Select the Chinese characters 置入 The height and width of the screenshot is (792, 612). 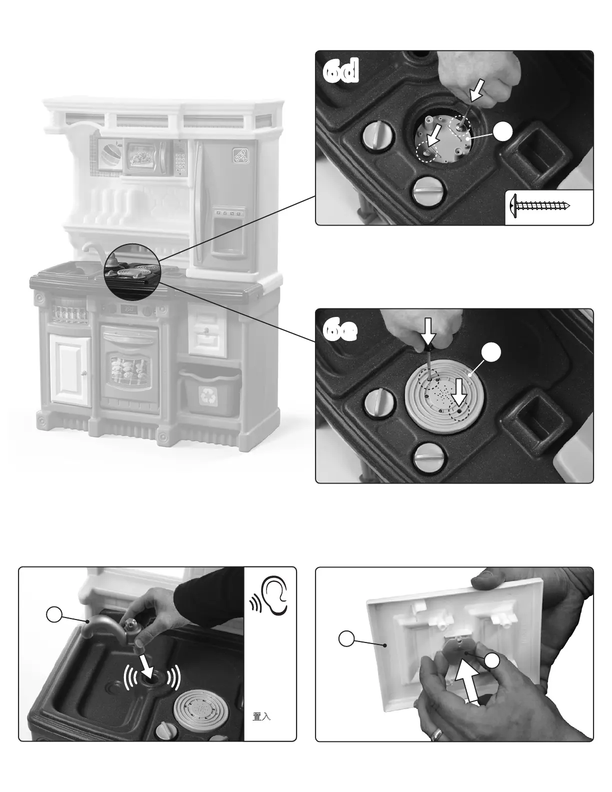(x=261, y=716)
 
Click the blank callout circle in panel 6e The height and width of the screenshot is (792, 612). (x=491, y=353)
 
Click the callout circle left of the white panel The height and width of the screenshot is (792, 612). (x=346, y=638)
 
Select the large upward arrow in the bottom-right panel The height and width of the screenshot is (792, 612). (x=472, y=685)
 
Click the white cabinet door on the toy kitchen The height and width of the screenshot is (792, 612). (x=70, y=369)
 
